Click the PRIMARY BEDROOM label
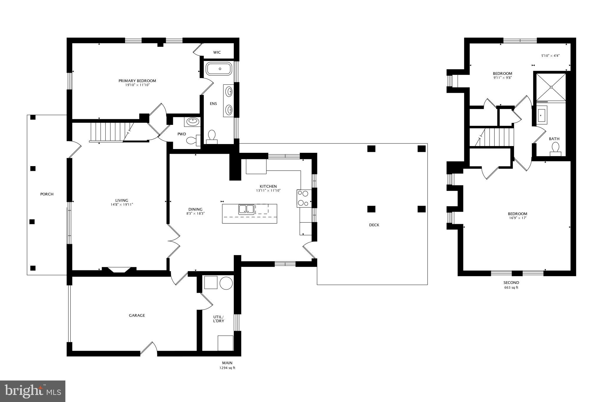[137, 81]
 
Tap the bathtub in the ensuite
[220, 69]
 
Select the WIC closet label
[217, 52]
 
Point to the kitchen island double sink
[246, 209]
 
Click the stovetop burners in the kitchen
[303, 198]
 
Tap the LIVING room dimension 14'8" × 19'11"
[122, 204]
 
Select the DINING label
[195, 209]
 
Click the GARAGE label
[137, 315]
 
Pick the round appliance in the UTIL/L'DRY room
[226, 283]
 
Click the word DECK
[374, 225]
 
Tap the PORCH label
[47, 194]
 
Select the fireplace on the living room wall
[119, 270]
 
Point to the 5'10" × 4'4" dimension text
[550, 55]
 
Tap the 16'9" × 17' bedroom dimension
[517, 218]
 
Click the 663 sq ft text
[511, 287]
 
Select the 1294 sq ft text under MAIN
[227, 368]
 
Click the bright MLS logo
[33, 391]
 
